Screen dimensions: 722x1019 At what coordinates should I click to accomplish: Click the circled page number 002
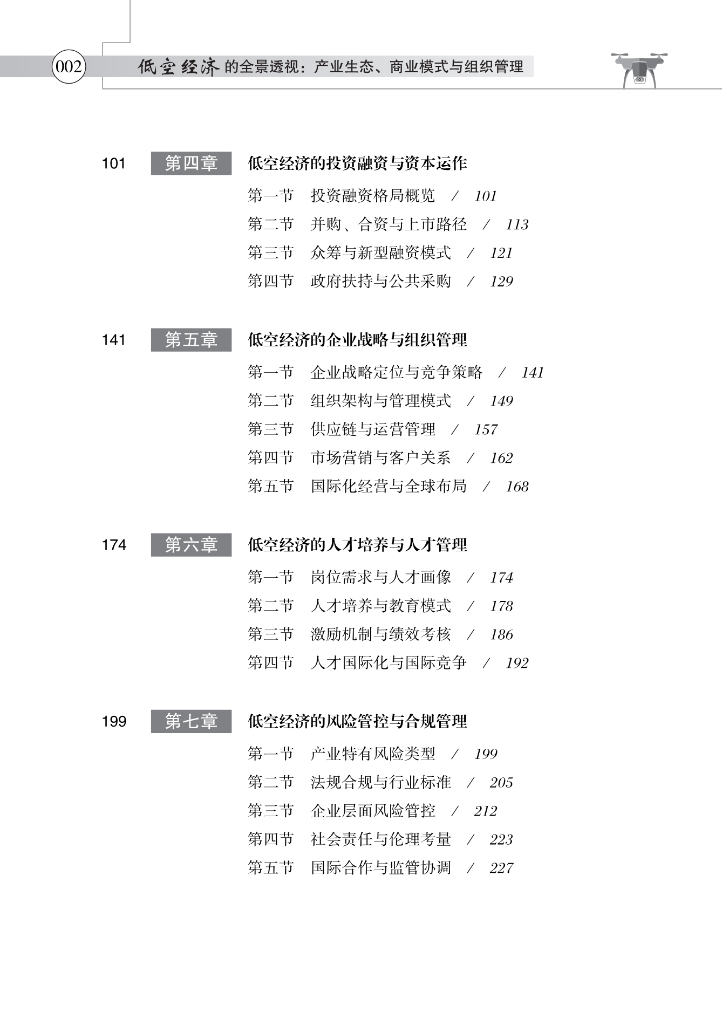[x=69, y=66]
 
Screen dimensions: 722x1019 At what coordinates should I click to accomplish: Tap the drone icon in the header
[x=639, y=70]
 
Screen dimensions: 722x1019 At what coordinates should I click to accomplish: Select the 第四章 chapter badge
[x=191, y=163]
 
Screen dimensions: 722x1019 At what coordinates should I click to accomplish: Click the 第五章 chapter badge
[x=191, y=339]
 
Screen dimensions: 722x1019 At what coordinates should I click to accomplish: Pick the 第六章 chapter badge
[x=191, y=544]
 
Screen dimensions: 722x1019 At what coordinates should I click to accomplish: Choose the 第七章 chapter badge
[x=191, y=721]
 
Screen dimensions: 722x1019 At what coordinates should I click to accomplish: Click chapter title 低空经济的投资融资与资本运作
[x=357, y=163]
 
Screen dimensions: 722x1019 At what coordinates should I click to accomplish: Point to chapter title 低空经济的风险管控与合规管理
[x=357, y=721]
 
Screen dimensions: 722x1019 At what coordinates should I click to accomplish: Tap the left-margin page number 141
[x=113, y=340]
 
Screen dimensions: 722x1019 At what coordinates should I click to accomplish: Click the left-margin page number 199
[x=114, y=721]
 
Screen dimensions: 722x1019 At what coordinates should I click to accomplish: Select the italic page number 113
[x=517, y=224]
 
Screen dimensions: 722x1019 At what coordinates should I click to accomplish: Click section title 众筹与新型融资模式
[x=380, y=252]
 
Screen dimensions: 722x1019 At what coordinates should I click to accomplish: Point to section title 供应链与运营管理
[x=373, y=429]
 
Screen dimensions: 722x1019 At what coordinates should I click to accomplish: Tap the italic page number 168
[x=517, y=487]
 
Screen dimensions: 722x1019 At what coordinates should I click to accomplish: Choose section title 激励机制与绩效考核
[x=380, y=634]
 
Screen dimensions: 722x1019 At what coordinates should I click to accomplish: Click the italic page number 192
[x=517, y=663]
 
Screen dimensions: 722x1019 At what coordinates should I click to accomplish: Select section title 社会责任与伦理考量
[x=380, y=839]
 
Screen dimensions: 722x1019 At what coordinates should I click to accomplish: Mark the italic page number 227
[x=501, y=868]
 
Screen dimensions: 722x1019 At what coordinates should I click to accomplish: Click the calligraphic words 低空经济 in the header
[x=179, y=67]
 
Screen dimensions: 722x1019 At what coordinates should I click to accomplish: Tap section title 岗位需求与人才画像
[x=380, y=577]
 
